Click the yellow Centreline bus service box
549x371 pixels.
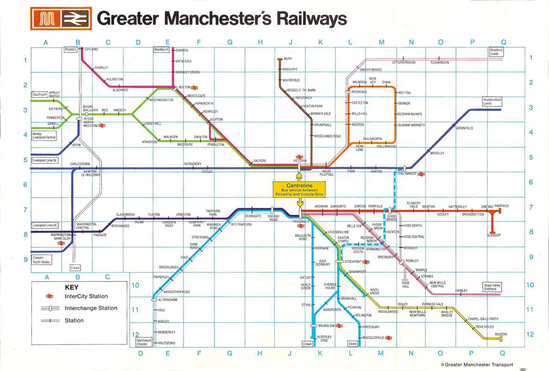pyautogui.click(x=299, y=190)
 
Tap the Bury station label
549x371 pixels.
pyautogui.click(x=288, y=59)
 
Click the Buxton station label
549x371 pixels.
pyautogui.click(x=501, y=334)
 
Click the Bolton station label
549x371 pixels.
pyautogui.click(x=185, y=87)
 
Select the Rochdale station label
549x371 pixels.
pyautogui.click(x=360, y=92)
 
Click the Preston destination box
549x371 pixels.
pyautogui.click(x=70, y=49)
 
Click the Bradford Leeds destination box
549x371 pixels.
pyautogui.click(x=496, y=52)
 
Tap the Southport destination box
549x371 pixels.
pyautogui.click(x=39, y=95)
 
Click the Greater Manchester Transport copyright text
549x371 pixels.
pyautogui.click(x=477, y=365)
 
